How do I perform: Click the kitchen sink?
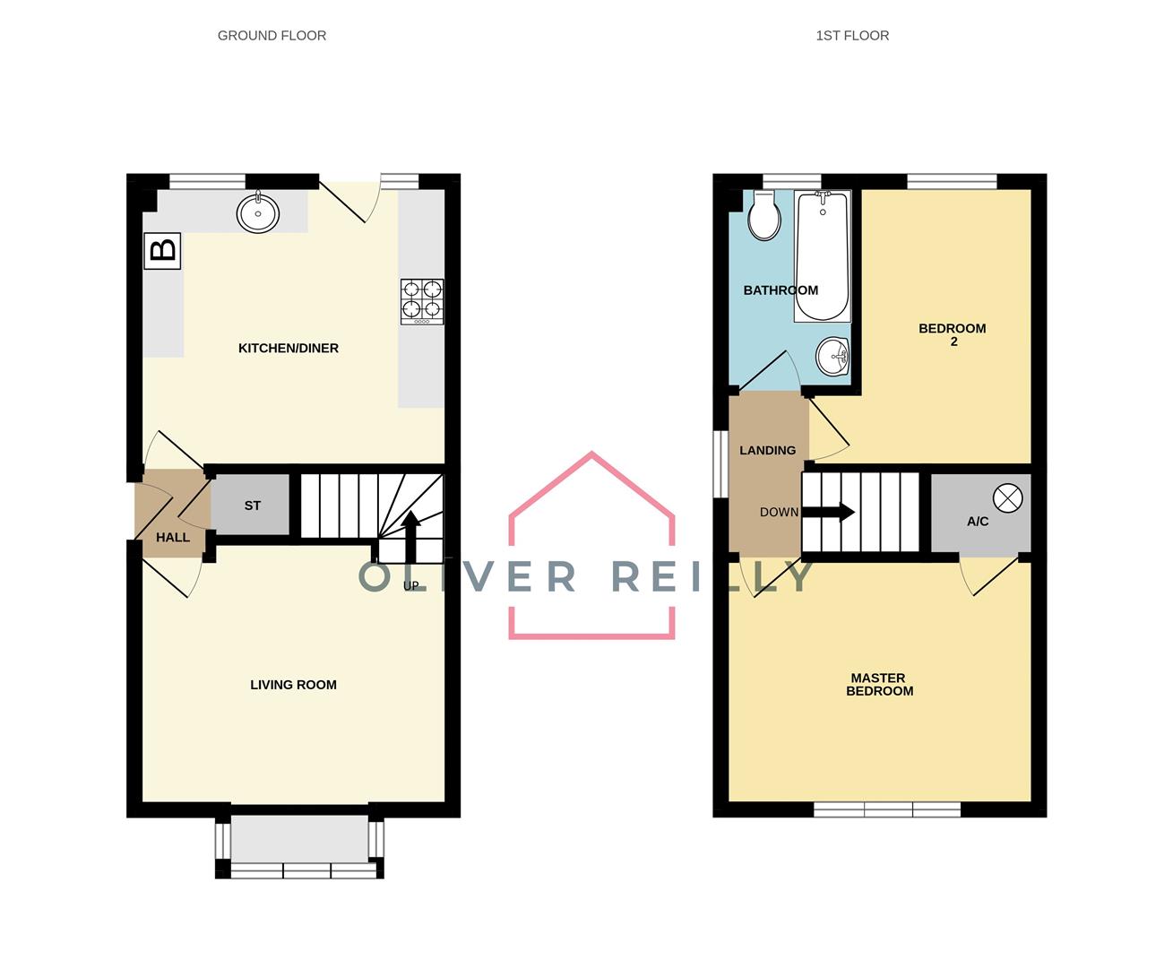pyautogui.click(x=258, y=212)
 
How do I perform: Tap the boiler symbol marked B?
pyautogui.click(x=162, y=251)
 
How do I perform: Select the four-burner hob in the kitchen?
pyautogui.click(x=422, y=302)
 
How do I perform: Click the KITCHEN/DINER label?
pyautogui.click(x=289, y=349)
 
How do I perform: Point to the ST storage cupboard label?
pyautogui.click(x=252, y=506)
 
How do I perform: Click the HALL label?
pyautogui.click(x=172, y=538)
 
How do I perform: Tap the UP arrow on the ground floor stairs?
pyautogui.click(x=410, y=537)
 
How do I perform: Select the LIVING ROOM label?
pyautogui.click(x=293, y=685)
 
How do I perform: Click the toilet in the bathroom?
pyautogui.click(x=764, y=215)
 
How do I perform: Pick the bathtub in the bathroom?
pyautogui.click(x=823, y=256)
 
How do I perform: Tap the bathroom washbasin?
pyautogui.click(x=832, y=356)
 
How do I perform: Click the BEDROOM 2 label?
pyautogui.click(x=953, y=335)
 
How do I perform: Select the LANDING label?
pyautogui.click(x=767, y=451)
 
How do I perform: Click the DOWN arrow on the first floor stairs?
pyautogui.click(x=828, y=513)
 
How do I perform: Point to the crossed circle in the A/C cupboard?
pyautogui.click(x=1008, y=498)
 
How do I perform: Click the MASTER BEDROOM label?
pyautogui.click(x=879, y=685)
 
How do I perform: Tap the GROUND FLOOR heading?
pyautogui.click(x=272, y=36)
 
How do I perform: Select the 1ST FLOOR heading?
pyautogui.click(x=852, y=36)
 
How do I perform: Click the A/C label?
pyautogui.click(x=978, y=522)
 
